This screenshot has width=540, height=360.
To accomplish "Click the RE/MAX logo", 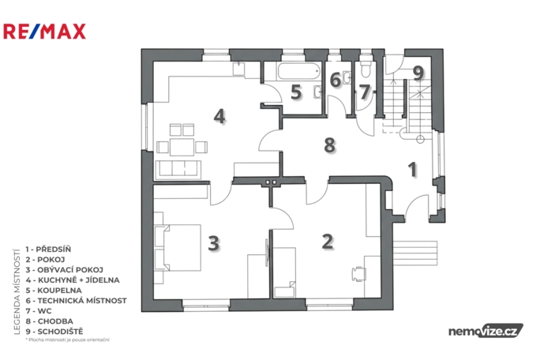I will pos(44,32).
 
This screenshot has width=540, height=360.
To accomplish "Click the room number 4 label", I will pos(219,116).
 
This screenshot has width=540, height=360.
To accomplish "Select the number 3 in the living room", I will pos(213,242).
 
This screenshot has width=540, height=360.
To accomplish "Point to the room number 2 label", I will pos(328,241).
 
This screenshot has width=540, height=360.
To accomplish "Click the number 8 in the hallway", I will pos(330,144).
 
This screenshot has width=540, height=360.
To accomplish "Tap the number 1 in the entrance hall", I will pos(411,167).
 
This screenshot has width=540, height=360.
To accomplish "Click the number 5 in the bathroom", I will pos(295,92).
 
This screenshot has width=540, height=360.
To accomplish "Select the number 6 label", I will pos(336,80).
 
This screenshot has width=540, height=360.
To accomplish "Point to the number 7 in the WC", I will pos(364,92).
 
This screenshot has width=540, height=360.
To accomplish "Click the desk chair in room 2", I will pos(358,273).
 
